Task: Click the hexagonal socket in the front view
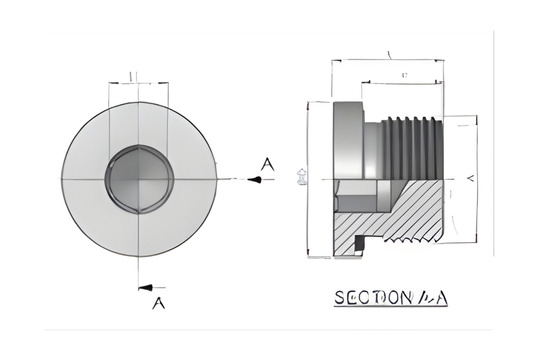[138, 179]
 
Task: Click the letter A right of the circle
[265, 163]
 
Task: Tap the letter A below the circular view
[156, 305]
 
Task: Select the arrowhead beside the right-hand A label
[256, 180]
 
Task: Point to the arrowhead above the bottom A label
[147, 287]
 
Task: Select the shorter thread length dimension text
[404, 76]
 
